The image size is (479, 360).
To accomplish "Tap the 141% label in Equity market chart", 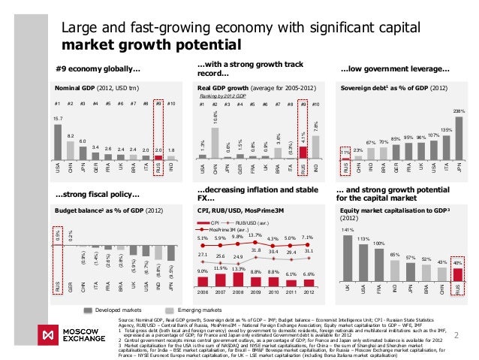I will click(347, 229).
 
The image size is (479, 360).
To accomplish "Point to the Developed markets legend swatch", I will click(89, 308).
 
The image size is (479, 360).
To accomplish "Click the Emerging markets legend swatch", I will click(170, 308).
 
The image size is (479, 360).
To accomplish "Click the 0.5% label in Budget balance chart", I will click(57, 237).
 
